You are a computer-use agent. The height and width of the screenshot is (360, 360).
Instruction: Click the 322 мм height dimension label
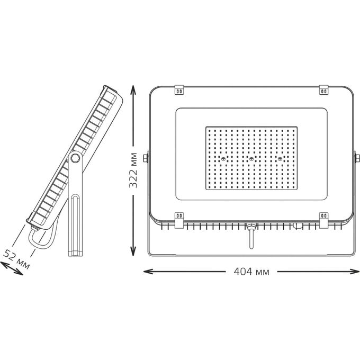[x=133, y=170]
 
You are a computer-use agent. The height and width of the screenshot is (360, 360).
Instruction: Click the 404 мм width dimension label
[x=251, y=272]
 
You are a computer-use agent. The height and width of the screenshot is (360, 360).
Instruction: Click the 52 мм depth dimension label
[x=16, y=259]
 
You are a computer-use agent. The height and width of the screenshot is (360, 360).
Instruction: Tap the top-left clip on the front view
[x=179, y=89]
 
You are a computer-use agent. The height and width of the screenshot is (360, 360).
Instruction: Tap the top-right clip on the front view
[x=323, y=89]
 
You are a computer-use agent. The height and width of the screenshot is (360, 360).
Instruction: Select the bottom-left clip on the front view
[x=179, y=220]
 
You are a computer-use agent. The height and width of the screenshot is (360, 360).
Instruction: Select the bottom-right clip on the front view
[x=323, y=220]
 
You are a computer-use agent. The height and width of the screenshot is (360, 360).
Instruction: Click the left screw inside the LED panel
[x=223, y=159]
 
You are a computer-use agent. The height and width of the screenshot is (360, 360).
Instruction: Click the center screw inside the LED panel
[x=251, y=159]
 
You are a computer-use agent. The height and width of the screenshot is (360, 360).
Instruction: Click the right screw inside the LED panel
[x=280, y=159]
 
